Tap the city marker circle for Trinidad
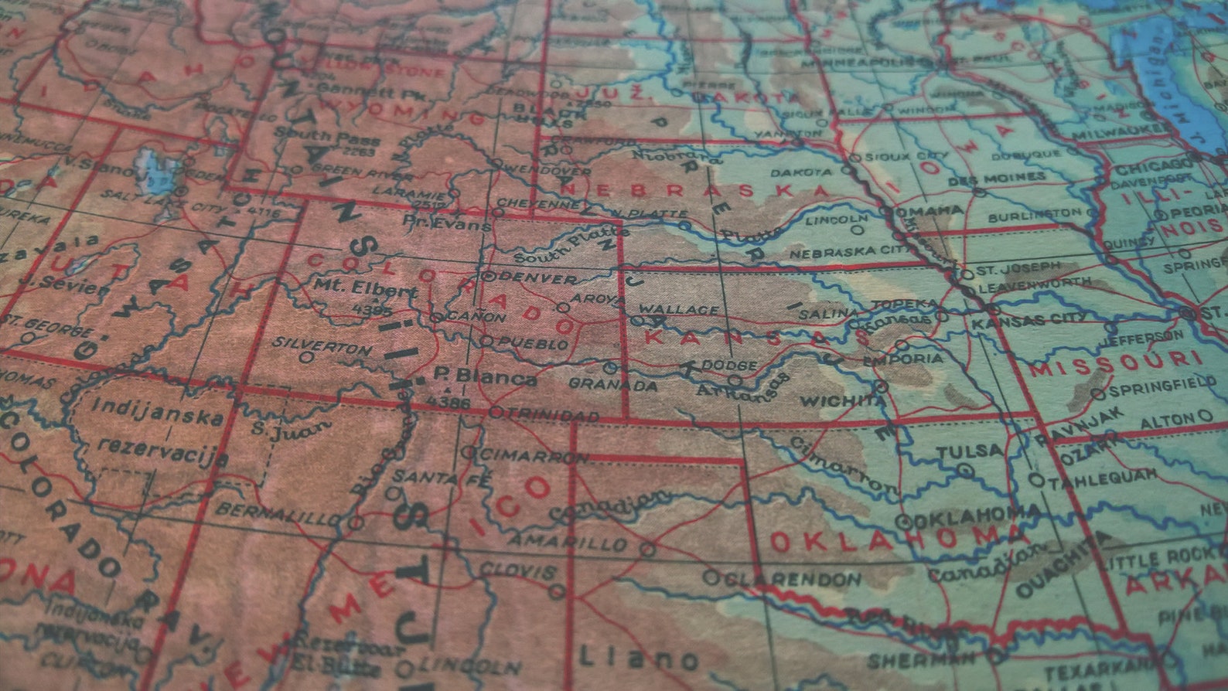(496, 412)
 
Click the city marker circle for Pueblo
(486, 340)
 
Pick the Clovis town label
(517, 570)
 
